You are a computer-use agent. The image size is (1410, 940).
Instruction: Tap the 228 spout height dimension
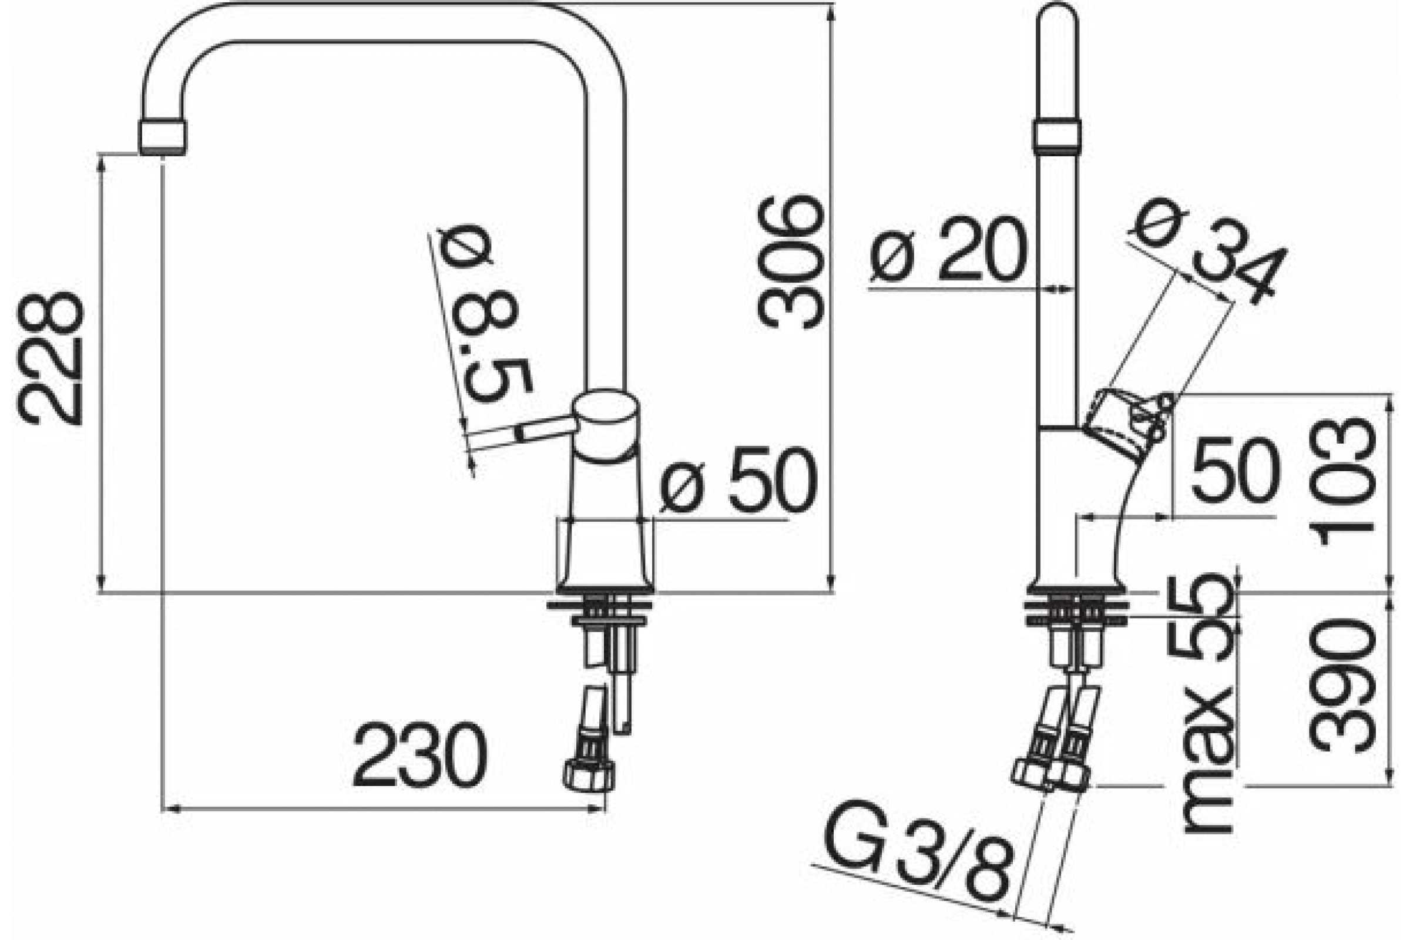coord(51,358)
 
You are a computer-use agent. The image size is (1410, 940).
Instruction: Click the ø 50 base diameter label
coord(738,479)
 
